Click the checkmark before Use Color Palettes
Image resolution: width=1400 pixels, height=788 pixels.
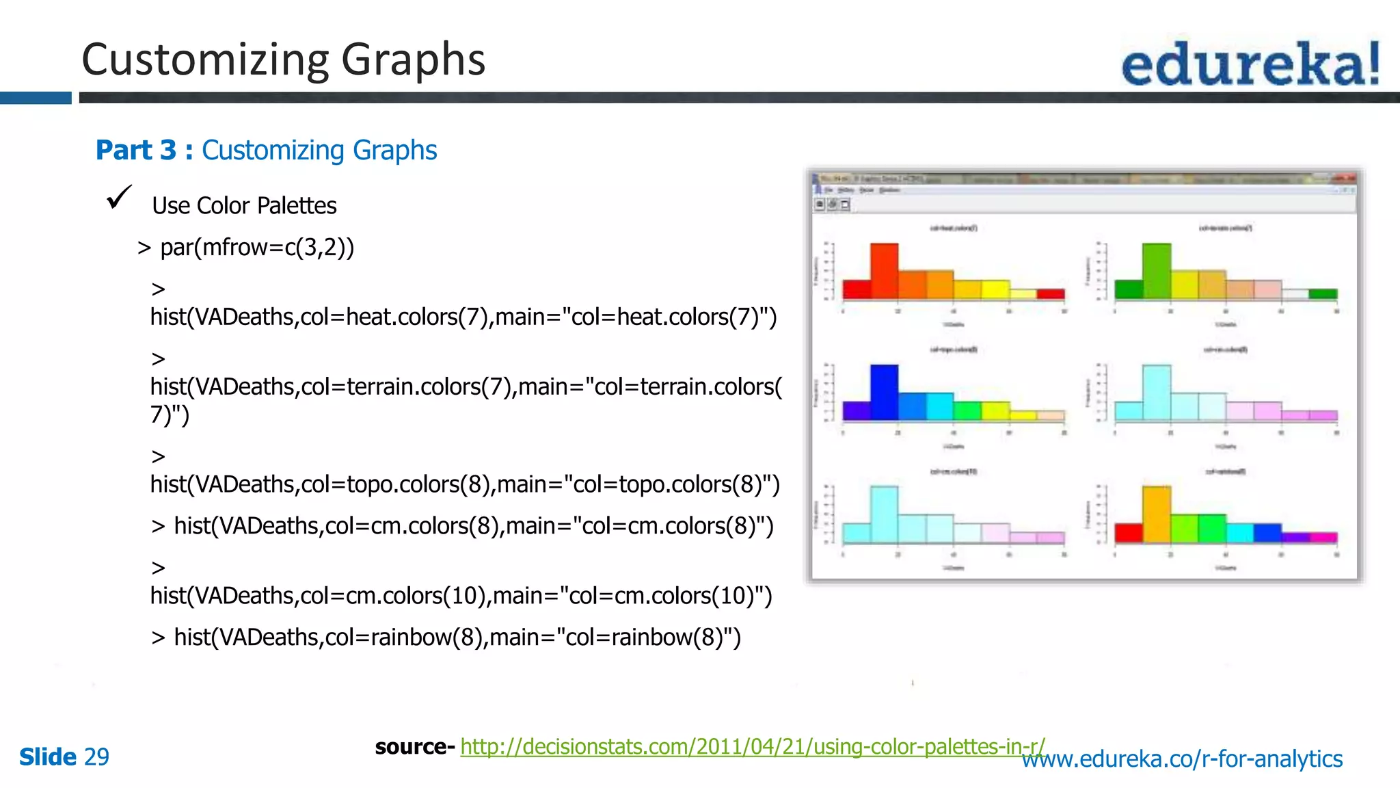(119, 198)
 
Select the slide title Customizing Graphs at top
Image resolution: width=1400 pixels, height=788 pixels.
(283, 60)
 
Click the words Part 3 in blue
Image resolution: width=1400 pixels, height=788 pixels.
(136, 150)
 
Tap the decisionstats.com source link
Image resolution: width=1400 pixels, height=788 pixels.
(752, 746)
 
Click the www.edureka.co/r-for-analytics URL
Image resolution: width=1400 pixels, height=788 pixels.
(1182, 759)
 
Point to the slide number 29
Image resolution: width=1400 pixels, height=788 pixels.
(96, 757)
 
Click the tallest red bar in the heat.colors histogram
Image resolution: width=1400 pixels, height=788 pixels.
(884, 271)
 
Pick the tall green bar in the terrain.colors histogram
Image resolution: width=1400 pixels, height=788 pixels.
(1156, 271)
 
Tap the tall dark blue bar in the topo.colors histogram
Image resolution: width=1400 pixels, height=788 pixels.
(884, 392)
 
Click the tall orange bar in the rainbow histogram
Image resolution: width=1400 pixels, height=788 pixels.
(1156, 514)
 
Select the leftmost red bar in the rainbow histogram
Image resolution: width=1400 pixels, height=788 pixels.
(1129, 533)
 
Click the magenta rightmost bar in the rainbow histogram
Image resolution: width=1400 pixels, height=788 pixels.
(1323, 538)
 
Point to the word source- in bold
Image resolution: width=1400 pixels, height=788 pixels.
(414, 746)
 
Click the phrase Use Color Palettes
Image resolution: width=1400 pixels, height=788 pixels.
(244, 206)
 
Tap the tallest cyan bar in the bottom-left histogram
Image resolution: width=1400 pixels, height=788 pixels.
(884, 514)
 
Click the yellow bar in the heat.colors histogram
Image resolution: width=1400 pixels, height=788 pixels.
(995, 289)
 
